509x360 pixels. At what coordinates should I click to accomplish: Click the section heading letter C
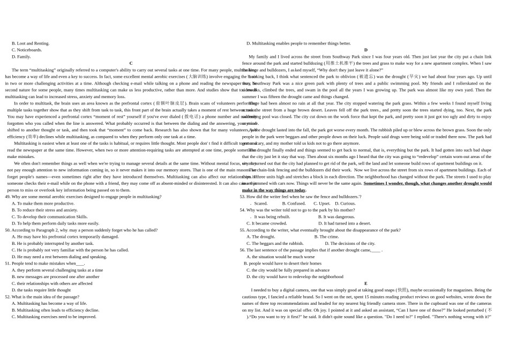[x=131, y=63]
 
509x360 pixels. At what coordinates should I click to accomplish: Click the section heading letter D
[x=366, y=50]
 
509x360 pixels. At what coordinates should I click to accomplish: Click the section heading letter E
[x=366, y=283]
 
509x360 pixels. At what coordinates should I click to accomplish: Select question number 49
[x=8, y=197]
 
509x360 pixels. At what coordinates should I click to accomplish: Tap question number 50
[x=8, y=230]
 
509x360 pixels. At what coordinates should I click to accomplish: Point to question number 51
[x=8, y=263]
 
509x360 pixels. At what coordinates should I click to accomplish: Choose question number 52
[x=8, y=296]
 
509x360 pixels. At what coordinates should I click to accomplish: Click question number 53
[x=243, y=197]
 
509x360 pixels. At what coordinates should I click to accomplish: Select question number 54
[x=243, y=210]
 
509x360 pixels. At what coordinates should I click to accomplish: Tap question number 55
[x=243, y=230]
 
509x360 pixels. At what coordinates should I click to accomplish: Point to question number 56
[x=243, y=250]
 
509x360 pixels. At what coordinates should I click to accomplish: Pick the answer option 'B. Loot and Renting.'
[x=31, y=43]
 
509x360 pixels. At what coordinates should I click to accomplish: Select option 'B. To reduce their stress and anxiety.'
[x=45, y=210]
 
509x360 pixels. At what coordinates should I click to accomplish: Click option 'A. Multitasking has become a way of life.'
[x=49, y=303]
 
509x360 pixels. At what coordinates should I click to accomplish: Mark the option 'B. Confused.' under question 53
[x=294, y=204]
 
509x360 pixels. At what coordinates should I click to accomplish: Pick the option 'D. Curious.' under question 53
[x=345, y=204]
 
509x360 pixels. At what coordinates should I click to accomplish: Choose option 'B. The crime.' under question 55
[x=326, y=237]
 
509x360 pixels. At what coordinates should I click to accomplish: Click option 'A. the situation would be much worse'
[x=281, y=257]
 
